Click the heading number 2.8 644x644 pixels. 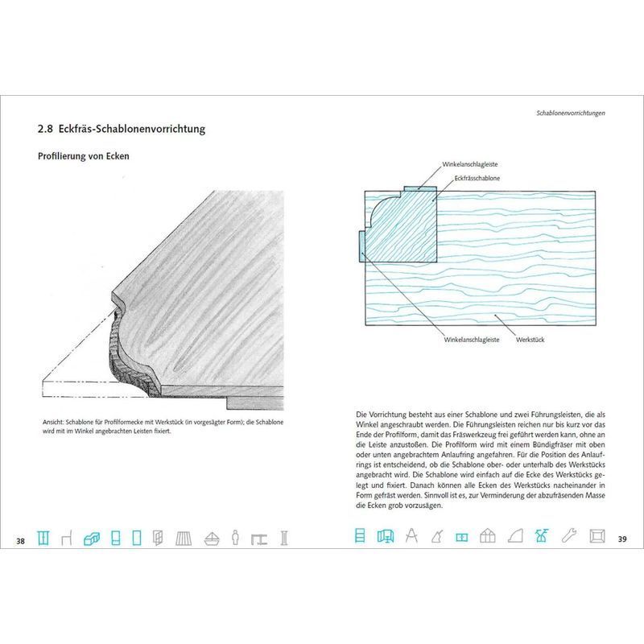click(45, 129)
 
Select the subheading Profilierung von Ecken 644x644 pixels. click(84, 156)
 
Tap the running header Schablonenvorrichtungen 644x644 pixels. click(571, 113)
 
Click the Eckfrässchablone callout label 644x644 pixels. click(477, 178)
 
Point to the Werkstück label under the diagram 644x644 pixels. click(530, 340)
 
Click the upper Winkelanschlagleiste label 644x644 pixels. click(470, 164)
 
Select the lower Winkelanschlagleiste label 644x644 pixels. click(472, 340)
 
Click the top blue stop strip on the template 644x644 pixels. click(419, 188)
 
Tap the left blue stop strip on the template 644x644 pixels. click(361, 246)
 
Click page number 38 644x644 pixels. click(21, 541)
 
